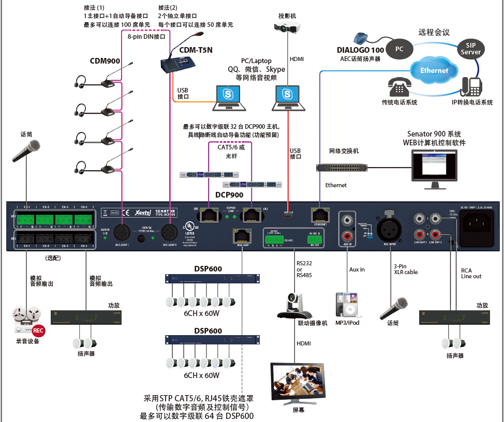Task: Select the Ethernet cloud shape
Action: [x=434, y=70]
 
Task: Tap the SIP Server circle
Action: [x=470, y=49]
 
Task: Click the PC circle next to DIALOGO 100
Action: [x=399, y=49]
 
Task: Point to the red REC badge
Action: [x=38, y=330]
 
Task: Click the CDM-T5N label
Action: [x=196, y=50]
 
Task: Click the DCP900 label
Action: [x=229, y=195]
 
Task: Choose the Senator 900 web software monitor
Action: [x=434, y=167]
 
